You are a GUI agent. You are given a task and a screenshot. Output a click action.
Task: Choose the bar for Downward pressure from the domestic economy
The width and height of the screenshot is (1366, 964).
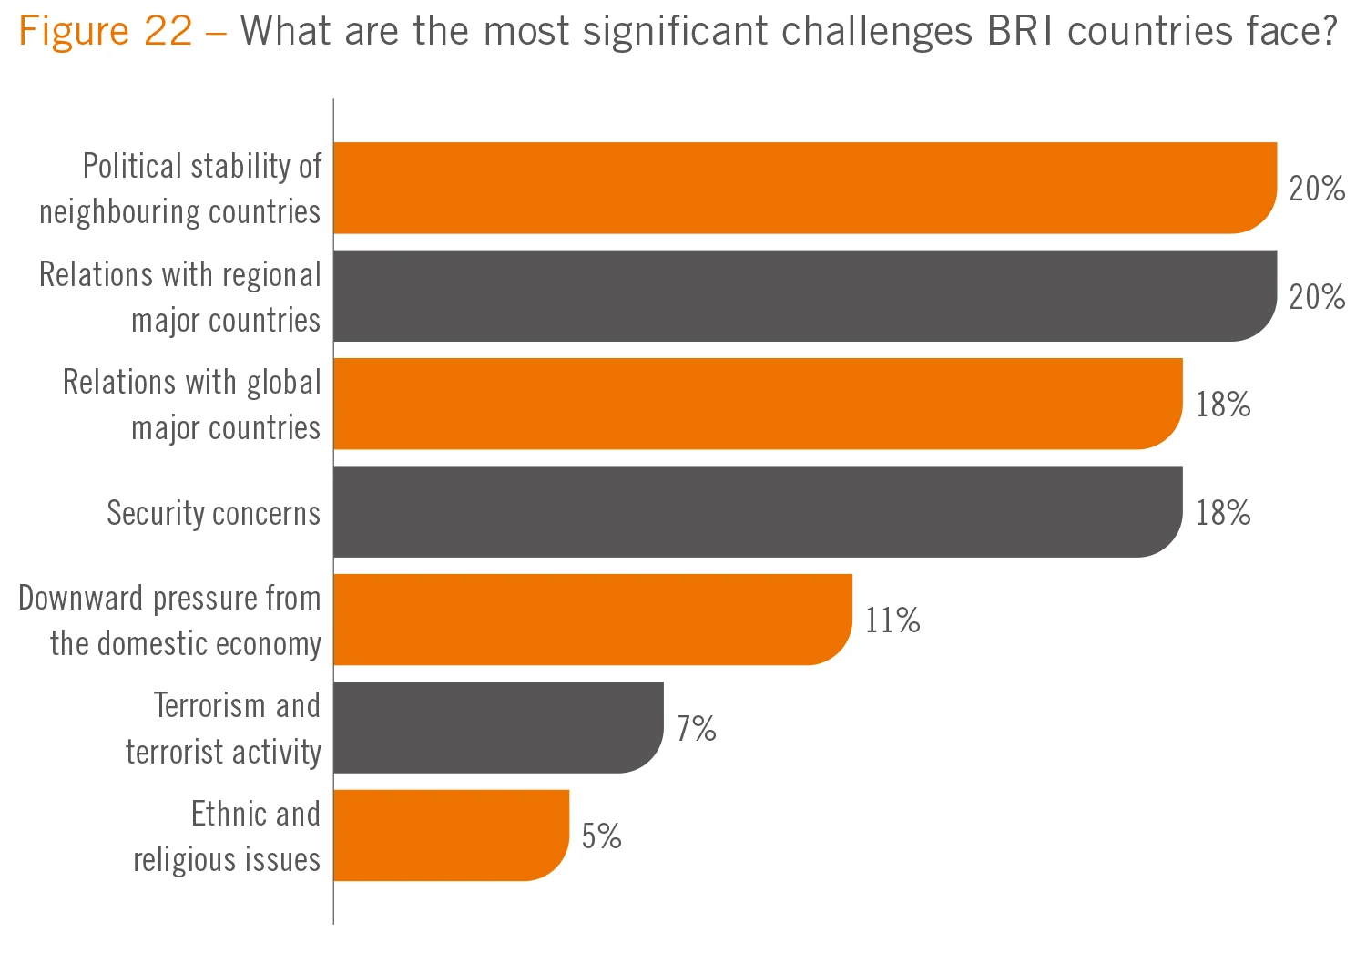click(592, 620)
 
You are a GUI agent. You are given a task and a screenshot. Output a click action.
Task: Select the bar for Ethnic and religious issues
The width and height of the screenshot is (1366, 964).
click(451, 835)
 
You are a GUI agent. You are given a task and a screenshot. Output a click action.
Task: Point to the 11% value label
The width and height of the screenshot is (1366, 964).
click(892, 620)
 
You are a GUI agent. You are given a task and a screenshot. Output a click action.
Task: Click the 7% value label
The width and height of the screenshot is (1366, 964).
click(696, 729)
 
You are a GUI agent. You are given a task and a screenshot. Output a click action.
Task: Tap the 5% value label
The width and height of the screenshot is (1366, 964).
click(601, 836)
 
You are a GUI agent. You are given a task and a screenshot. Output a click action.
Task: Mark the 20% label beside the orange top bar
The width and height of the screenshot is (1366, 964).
click(1317, 189)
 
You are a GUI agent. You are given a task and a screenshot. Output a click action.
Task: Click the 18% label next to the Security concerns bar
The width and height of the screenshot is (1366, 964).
click(1223, 513)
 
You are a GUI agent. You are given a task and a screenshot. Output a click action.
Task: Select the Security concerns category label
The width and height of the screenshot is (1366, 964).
click(213, 513)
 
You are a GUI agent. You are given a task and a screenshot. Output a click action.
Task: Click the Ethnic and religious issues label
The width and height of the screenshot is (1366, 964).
click(228, 836)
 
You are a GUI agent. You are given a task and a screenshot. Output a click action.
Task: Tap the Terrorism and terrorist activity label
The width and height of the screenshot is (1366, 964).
click(224, 729)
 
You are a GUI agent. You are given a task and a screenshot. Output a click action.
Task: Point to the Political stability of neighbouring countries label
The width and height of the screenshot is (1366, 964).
click(180, 189)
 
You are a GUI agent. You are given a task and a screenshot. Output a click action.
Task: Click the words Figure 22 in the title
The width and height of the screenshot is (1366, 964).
click(106, 32)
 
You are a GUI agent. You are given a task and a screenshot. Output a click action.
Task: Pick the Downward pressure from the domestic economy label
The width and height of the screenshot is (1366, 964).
click(170, 620)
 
